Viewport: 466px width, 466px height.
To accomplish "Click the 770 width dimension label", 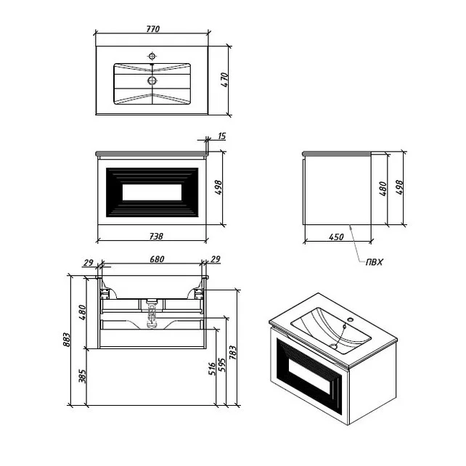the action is [x=152, y=29].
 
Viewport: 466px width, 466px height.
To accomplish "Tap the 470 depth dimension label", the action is [x=225, y=80].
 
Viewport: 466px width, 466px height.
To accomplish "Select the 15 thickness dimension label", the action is [x=222, y=136].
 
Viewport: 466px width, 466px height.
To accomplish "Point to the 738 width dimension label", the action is [x=156, y=236].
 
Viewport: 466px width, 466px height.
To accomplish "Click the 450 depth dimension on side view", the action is [x=336, y=237].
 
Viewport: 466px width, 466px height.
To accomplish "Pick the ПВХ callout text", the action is [x=374, y=262].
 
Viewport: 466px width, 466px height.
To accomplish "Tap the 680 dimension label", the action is [x=157, y=259].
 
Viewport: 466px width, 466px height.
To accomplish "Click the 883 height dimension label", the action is [x=67, y=340].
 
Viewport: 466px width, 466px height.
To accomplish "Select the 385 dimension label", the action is [x=82, y=376].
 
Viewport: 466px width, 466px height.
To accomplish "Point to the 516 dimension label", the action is [x=212, y=369].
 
